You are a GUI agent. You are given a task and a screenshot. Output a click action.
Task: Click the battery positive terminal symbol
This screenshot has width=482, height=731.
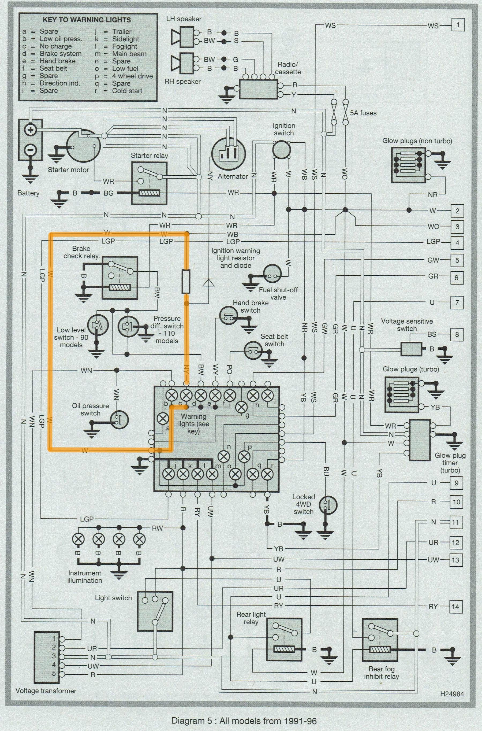31,130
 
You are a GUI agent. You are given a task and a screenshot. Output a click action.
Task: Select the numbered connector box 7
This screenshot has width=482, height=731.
457,302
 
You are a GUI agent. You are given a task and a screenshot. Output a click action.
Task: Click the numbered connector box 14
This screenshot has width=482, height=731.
455,607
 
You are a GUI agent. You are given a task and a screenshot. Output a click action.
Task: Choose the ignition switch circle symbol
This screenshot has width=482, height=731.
282,150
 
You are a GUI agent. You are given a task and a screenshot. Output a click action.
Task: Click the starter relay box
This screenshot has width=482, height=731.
149,183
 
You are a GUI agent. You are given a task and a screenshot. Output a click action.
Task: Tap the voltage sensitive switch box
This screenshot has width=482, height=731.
411,349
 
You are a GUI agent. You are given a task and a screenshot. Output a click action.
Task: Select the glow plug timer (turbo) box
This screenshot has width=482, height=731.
420,440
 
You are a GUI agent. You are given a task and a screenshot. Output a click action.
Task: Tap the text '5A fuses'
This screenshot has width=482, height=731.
363,113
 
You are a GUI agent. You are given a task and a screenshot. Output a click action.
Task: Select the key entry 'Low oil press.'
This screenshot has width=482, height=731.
61,39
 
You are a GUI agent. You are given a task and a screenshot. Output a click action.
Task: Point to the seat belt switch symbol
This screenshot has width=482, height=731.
253,350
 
